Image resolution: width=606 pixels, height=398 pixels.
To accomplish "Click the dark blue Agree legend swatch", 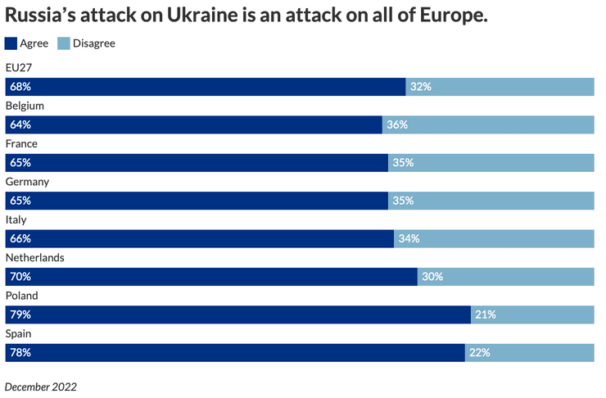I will pos(11,43).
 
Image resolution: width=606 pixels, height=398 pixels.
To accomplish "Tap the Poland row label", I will pos(21,296).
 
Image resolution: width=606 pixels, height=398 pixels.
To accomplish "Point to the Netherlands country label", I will pos(34,257).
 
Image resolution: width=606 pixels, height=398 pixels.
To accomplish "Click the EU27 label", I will pos(18,68).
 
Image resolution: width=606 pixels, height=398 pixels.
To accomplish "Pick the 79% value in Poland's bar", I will pos(20,314).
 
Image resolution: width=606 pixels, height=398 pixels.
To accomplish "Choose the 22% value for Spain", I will pos(479,352).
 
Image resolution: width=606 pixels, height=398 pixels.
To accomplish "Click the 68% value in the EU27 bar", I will pos(20,87).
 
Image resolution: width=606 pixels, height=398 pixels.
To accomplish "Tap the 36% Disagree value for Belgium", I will pos(397,125).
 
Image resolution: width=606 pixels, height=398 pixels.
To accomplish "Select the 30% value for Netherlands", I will pos(432,277).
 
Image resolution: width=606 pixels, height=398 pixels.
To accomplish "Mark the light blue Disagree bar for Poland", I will pos(532,314).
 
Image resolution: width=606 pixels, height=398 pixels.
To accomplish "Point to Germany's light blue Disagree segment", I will pos(491,201).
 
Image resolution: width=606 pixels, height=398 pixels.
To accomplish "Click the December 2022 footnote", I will pos(41,385).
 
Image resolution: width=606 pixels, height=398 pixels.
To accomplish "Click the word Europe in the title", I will pos(449,16).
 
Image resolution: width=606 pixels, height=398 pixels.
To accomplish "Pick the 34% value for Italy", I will pos(408,238).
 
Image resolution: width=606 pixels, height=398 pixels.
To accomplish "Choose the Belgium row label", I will pos(25,106).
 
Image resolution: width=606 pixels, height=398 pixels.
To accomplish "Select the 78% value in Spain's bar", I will pos(20,352).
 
